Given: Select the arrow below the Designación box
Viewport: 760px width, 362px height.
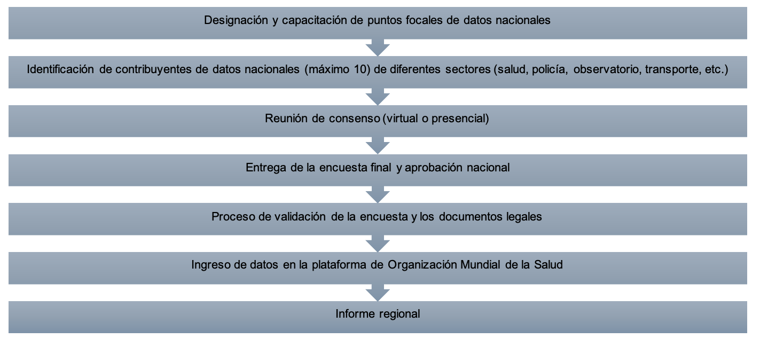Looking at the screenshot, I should (378, 47).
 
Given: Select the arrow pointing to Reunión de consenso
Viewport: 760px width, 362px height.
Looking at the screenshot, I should (378, 96).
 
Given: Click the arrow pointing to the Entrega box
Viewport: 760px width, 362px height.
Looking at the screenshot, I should (378, 145).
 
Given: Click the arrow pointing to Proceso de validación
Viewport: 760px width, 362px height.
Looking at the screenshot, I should (378, 194).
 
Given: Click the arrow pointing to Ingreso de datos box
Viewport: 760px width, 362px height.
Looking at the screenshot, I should (378, 243).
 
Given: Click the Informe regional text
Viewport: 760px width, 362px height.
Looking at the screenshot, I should (378, 314).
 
